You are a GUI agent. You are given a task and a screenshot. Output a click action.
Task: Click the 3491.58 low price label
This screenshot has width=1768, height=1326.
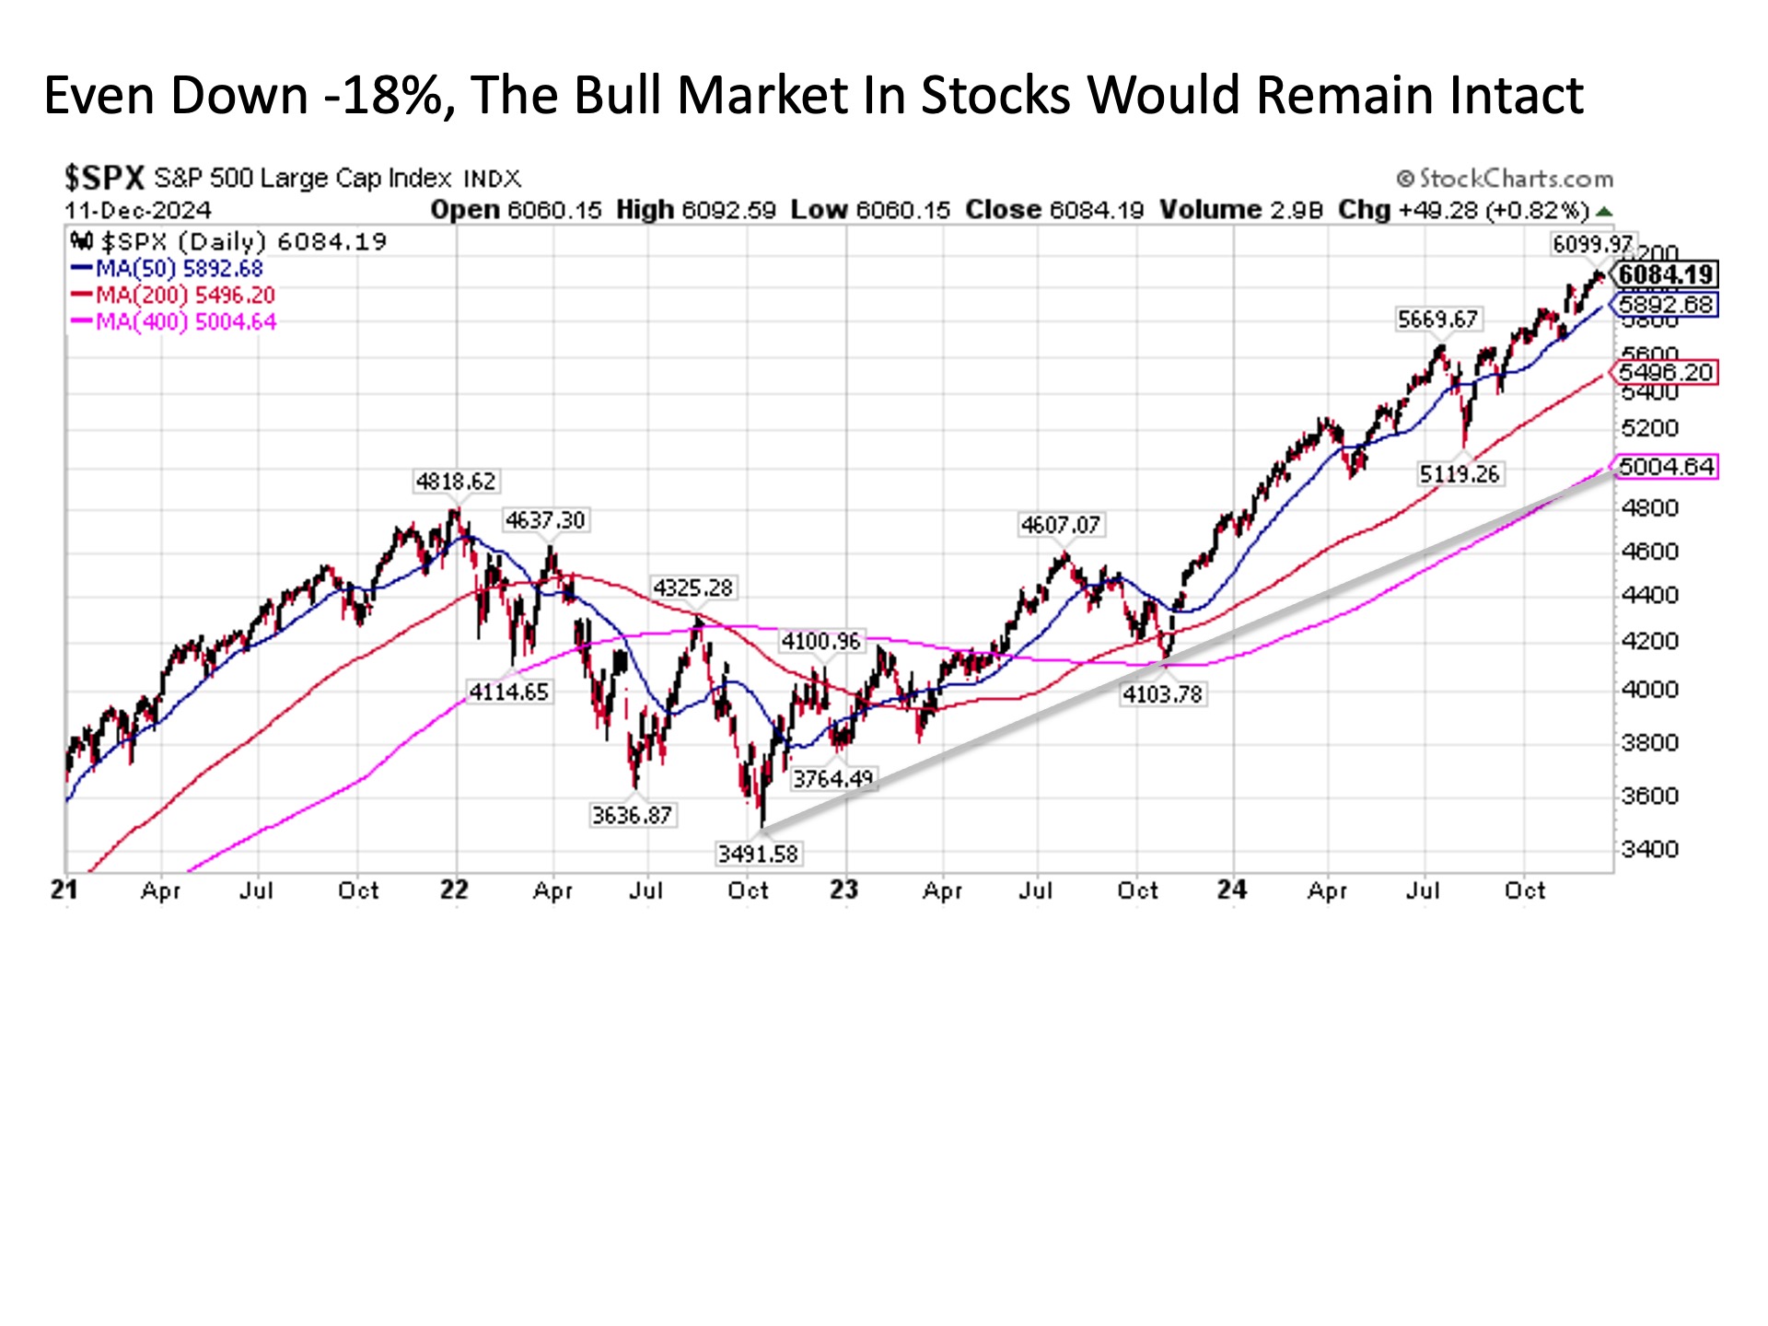click(x=758, y=854)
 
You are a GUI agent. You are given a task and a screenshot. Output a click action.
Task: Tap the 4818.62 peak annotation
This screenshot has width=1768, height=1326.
click(x=455, y=481)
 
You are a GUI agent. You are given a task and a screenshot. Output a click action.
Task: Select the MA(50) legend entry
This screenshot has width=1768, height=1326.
click(x=168, y=269)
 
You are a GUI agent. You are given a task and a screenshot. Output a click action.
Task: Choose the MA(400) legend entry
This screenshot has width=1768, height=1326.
click(x=174, y=322)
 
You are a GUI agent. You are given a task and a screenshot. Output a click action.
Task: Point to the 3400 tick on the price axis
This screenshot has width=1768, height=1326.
click(x=1650, y=848)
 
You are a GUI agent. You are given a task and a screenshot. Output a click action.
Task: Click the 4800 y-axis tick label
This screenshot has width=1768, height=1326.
click(x=1650, y=507)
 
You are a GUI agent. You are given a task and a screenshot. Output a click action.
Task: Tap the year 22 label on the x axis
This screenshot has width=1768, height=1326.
click(x=454, y=890)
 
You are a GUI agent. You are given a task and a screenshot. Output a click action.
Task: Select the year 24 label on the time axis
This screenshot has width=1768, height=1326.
click(x=1232, y=890)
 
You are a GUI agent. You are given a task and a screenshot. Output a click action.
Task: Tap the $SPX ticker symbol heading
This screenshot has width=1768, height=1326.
click(x=104, y=178)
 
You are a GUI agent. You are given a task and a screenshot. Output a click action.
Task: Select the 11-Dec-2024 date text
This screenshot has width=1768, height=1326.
click(x=138, y=210)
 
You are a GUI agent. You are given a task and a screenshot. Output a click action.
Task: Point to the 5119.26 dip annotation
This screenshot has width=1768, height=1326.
click(x=1460, y=474)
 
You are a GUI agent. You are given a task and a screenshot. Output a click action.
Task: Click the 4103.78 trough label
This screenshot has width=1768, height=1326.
click(x=1162, y=694)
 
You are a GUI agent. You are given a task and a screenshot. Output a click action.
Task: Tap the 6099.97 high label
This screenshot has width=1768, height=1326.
click(x=1591, y=244)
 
